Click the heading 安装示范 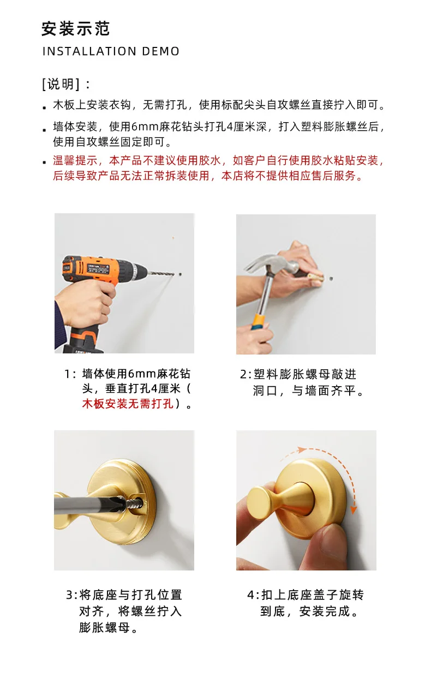pyautogui.click(x=75, y=29)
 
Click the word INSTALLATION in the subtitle pyautogui.click(x=89, y=51)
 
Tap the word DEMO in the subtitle pyautogui.click(x=161, y=51)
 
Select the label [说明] pyautogui.click(x=61, y=84)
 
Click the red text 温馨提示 pyautogui.click(x=75, y=160)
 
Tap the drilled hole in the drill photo pyautogui.click(x=180, y=275)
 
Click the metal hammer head pyautogui.click(x=273, y=265)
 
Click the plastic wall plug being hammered pyautogui.click(x=316, y=278)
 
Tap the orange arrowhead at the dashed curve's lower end pyautogui.click(x=354, y=510)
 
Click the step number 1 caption pyautogui.click(x=128, y=389)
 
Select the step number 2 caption pyautogui.click(x=302, y=382)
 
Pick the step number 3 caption pyautogui.click(x=124, y=611)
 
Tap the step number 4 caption pyautogui.click(x=306, y=603)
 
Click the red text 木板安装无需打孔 pyautogui.click(x=128, y=404)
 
